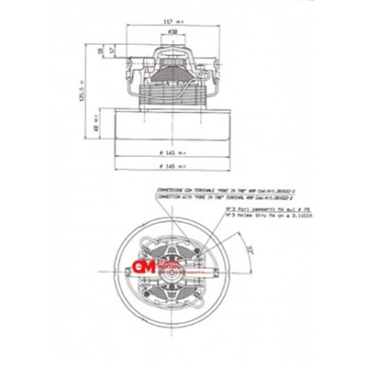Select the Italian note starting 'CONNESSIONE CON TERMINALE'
tap(205, 190)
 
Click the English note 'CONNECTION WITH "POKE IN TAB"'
tap(205, 196)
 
